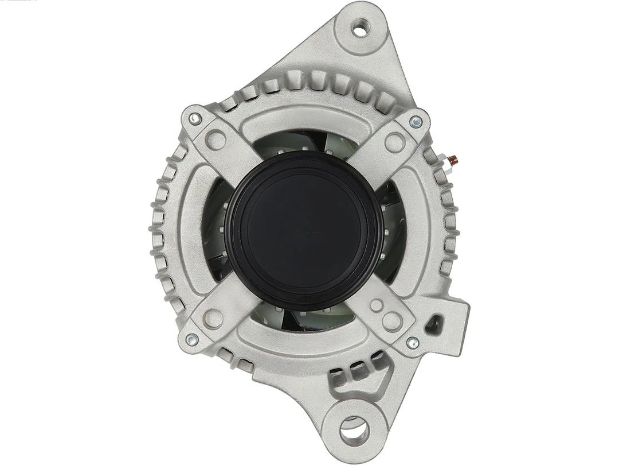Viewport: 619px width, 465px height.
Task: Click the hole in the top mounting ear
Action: tap(361, 26)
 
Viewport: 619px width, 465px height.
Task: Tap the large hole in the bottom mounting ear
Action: tap(354, 428)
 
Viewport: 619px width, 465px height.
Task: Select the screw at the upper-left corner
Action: tap(195, 119)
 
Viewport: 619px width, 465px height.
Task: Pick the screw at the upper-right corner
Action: tap(417, 122)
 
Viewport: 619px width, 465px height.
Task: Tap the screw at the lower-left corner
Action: tap(192, 339)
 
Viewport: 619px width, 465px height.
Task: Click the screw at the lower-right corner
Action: tap(412, 343)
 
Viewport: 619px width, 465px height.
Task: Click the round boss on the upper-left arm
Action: tap(216, 138)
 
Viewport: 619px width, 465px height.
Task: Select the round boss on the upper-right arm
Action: tap(394, 141)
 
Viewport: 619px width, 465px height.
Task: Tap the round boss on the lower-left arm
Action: tap(214, 317)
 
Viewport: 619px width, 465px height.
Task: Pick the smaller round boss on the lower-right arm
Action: tap(377, 305)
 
